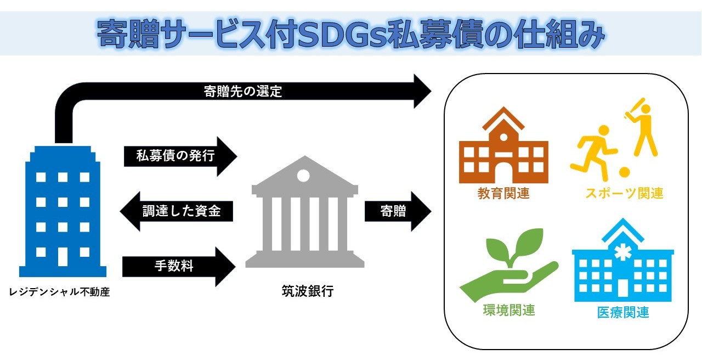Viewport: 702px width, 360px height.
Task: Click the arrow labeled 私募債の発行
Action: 180,156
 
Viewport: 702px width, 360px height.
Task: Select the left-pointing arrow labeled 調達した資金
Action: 177,211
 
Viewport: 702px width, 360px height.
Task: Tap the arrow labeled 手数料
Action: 179,267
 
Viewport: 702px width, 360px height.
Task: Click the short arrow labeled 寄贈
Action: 398,211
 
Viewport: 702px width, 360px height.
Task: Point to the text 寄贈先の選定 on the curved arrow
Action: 243,92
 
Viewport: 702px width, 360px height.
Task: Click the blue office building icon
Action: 63,211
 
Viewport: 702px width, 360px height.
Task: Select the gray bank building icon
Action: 305,212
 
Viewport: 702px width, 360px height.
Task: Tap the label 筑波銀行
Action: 308,291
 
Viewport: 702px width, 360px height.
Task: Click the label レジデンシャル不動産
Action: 60,292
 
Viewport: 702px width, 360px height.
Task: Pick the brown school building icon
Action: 503,145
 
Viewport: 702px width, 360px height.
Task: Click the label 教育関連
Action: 503,193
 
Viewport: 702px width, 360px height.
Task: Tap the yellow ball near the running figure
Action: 624,172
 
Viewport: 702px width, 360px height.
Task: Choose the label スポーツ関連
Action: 624,193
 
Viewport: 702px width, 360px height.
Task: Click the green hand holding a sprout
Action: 509,265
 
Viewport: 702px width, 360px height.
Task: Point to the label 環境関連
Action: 509,310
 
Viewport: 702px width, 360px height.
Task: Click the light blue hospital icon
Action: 623,260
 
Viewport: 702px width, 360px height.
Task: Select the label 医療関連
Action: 623,312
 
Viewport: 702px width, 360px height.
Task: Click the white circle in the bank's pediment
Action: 303,175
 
